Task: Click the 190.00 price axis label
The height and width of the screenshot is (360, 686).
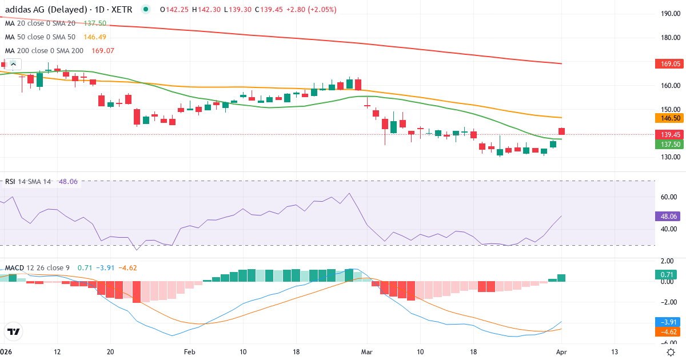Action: click(x=670, y=14)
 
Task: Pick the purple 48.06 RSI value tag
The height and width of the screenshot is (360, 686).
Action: click(x=667, y=217)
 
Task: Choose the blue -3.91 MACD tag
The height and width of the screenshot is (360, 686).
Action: click(x=667, y=322)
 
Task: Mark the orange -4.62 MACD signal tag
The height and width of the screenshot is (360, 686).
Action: click(x=667, y=331)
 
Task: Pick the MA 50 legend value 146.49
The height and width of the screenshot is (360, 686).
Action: click(x=95, y=37)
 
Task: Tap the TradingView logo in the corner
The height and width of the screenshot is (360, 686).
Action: click(x=14, y=331)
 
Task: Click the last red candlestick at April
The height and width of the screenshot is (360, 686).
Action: click(x=562, y=131)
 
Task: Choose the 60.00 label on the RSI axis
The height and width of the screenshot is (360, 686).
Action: click(x=670, y=197)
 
